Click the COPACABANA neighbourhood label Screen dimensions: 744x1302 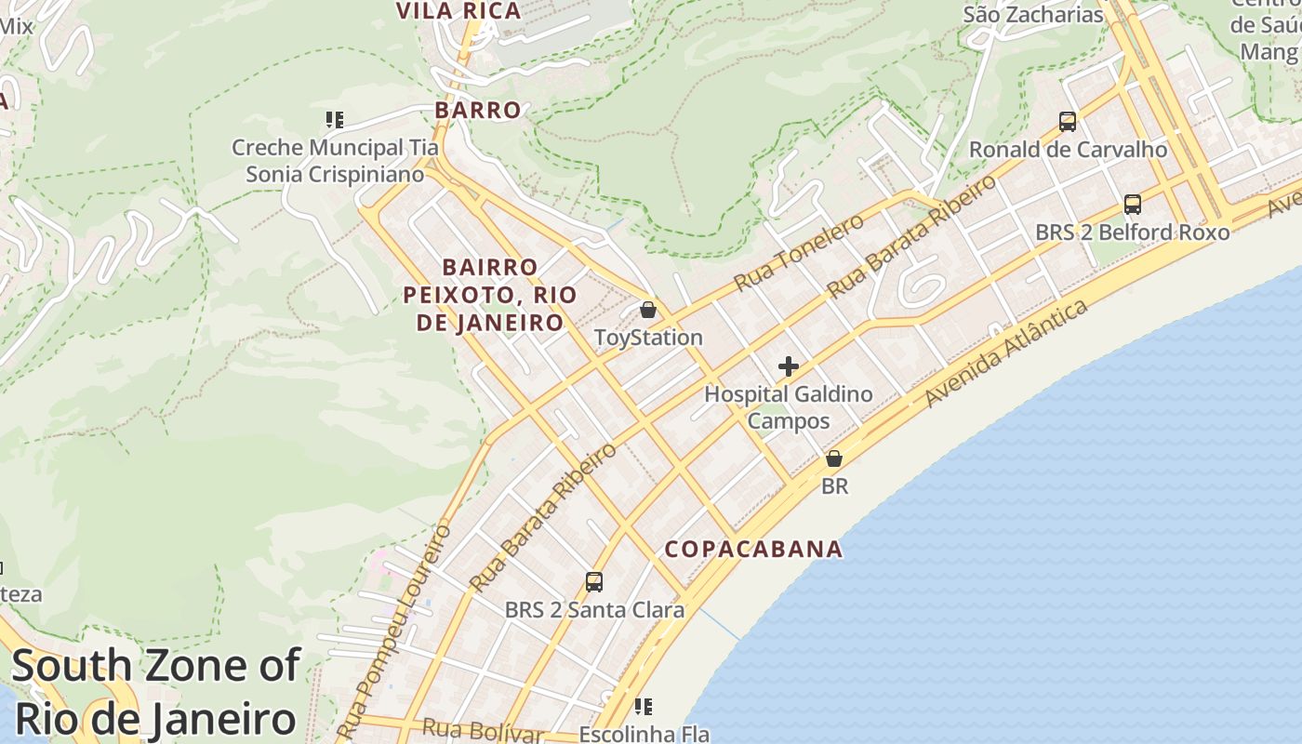click(753, 549)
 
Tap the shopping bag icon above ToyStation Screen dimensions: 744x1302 click(648, 310)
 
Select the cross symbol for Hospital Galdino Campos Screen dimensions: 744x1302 click(789, 366)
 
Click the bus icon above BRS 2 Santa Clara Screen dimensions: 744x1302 click(594, 582)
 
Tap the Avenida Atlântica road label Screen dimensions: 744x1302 click(1006, 353)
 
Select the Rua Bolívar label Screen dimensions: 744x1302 click(482, 730)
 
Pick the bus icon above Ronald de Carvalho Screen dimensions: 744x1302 click(1068, 121)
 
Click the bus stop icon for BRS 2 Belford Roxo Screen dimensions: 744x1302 click(1132, 205)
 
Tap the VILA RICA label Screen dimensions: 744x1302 click(459, 11)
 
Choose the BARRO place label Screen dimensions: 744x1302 click(478, 110)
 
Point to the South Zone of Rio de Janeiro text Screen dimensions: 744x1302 click(155, 693)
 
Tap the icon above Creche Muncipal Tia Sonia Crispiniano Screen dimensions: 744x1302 click(335, 120)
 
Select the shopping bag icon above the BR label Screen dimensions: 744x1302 click(834, 458)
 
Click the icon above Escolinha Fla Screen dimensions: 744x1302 click(644, 707)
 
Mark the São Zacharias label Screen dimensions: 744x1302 click(1033, 14)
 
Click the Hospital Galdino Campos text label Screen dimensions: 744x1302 click(789, 407)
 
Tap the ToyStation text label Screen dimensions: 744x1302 click(648, 338)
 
